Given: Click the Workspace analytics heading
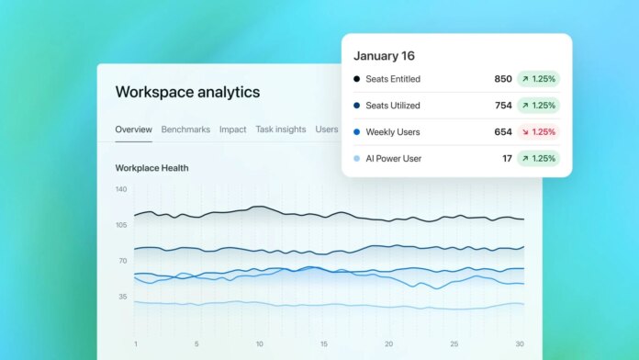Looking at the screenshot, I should pos(187,92).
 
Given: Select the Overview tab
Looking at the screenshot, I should pos(133,129).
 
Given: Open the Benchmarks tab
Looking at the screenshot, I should pos(185,129).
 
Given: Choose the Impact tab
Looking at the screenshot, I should pos(232,129).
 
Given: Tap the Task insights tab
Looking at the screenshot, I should pos(281,129).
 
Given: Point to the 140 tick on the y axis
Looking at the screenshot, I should pos(121,189).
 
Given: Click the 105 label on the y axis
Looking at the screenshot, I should pos(121,225).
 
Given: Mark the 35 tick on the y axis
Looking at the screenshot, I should pos(122,297).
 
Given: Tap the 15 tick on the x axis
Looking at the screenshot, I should pos(323,344).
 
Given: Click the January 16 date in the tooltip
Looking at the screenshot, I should pos(384,55).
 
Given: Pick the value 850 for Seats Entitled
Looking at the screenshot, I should pos(503,79).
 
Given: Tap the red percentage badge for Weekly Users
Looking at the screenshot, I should pos(538,132).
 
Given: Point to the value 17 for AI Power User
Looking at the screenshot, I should pos(507,159).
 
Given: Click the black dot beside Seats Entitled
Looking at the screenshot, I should pos(356,79).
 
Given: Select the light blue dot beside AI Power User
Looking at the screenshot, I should pos(356,159).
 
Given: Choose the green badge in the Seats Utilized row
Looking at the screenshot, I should pos(538,106).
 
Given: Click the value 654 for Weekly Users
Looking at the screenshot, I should pos(503,132).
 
